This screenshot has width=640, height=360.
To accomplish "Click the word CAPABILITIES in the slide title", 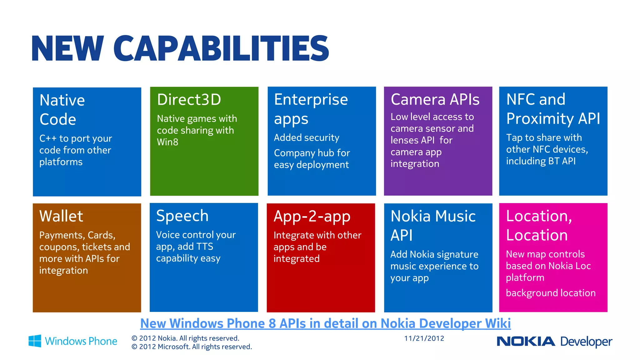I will pyautogui.click(x=221, y=48).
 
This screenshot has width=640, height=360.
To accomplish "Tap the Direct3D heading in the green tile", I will pyautogui.click(x=189, y=100).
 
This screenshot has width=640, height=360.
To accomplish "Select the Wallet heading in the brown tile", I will pyautogui.click(x=61, y=216).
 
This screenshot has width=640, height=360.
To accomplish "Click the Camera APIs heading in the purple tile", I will pyautogui.click(x=435, y=100).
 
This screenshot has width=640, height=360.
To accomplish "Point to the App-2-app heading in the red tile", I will pyautogui.click(x=312, y=217).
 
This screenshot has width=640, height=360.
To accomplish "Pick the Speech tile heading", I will pyautogui.click(x=182, y=216).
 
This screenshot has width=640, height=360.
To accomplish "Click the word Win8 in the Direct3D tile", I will pyautogui.click(x=167, y=142).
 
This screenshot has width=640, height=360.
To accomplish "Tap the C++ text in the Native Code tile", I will pyautogui.click(x=47, y=138).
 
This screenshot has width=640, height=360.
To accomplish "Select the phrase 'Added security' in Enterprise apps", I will pyautogui.click(x=306, y=138).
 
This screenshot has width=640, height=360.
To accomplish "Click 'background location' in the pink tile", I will pyautogui.click(x=550, y=293).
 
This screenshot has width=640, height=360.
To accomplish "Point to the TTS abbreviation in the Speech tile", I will pyautogui.click(x=204, y=247).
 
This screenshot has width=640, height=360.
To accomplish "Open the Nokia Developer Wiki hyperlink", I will pyautogui.click(x=325, y=323).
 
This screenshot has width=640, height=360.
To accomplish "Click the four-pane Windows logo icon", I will pyautogui.click(x=35, y=341).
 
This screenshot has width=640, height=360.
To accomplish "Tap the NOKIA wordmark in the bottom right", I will pyautogui.click(x=526, y=342).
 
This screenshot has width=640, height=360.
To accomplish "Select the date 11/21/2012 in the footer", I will pyautogui.click(x=424, y=338).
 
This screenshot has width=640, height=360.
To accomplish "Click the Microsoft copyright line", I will pyautogui.click(x=192, y=347).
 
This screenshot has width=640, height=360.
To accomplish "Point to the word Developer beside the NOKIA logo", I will pyautogui.click(x=586, y=342).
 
